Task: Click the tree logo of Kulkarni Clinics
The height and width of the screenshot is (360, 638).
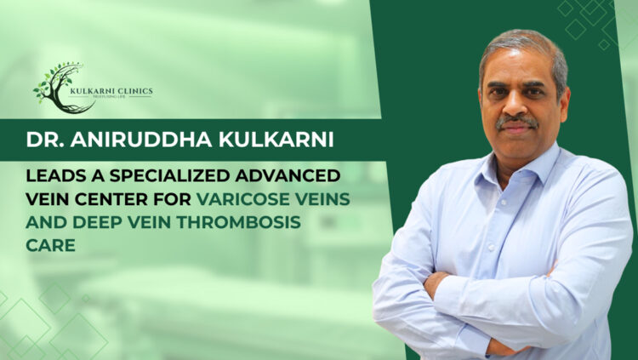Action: [x=58, y=88]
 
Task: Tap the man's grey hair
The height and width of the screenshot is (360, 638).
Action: [x=523, y=43]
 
